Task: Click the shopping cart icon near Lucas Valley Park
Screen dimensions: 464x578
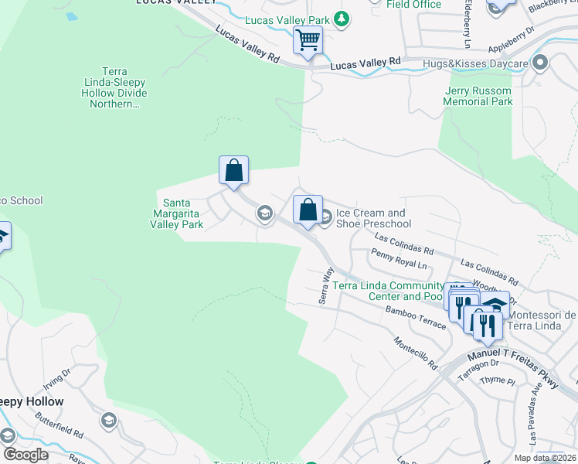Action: tap(308, 39)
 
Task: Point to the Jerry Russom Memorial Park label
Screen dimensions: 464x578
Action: tap(478, 96)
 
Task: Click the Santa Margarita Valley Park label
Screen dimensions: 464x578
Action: tap(176, 213)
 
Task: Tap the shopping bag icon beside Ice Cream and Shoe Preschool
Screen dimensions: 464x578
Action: tap(308, 210)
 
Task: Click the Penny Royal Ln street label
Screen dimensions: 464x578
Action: tap(399, 258)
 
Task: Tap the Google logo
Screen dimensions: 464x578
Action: tap(25, 454)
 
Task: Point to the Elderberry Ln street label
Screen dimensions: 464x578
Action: tap(467, 23)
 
